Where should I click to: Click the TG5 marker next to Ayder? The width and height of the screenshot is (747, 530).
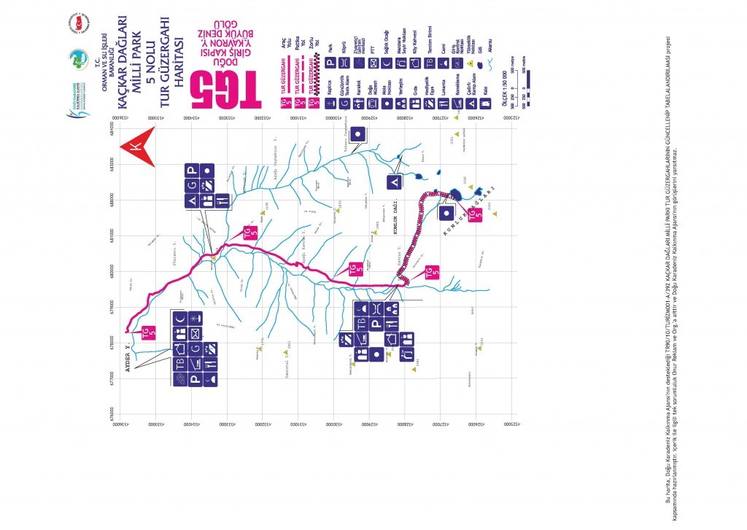point(148,332)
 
